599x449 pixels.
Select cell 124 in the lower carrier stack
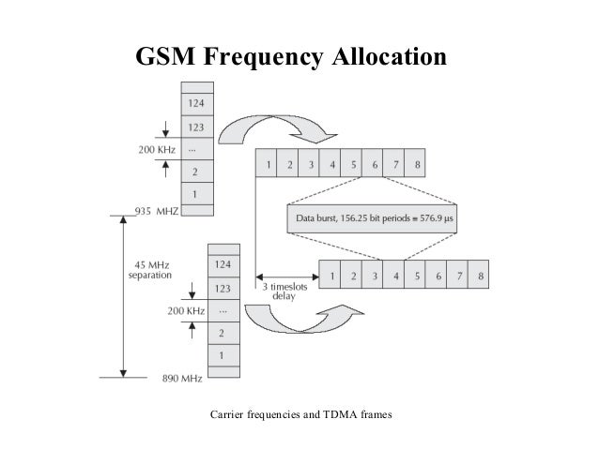(223, 265)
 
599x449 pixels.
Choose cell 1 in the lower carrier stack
(223, 357)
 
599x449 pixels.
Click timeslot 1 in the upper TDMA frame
(269, 166)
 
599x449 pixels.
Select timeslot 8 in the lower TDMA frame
(480, 277)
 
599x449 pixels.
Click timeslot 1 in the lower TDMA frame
(330, 277)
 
